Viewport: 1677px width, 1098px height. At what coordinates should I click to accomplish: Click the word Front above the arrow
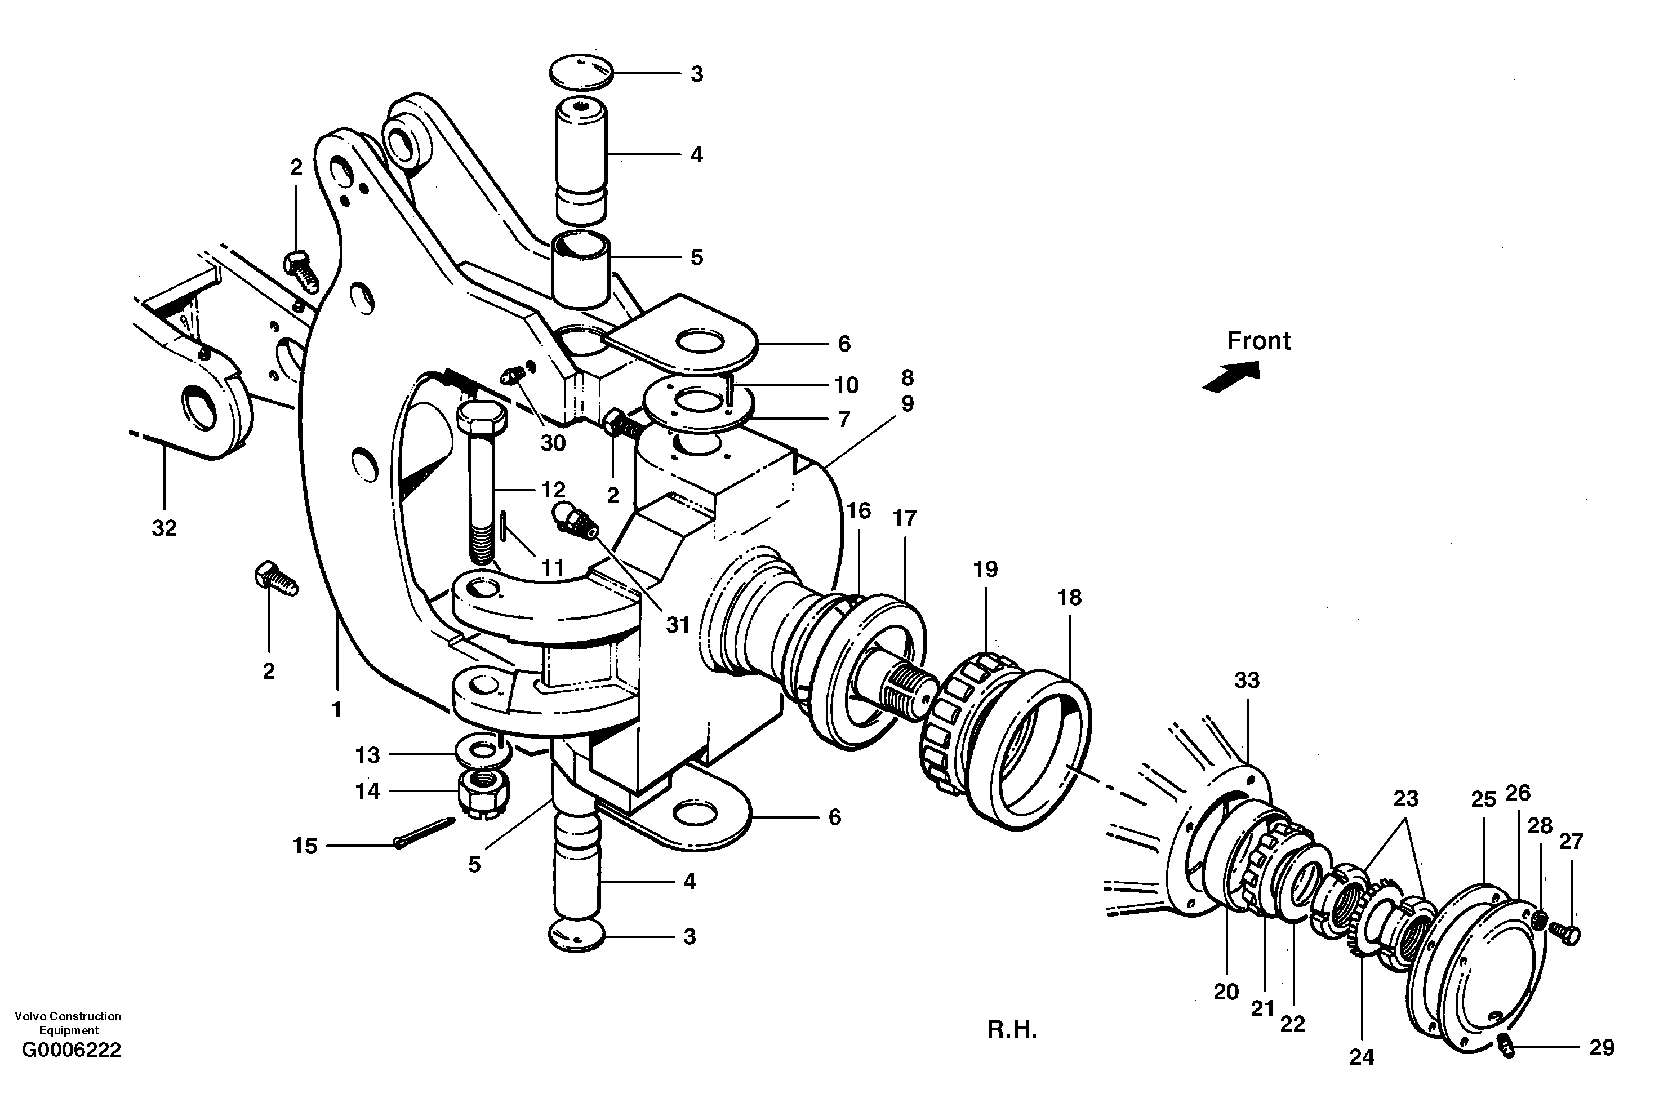1258,341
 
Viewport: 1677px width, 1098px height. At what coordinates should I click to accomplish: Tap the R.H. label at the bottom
1011,1030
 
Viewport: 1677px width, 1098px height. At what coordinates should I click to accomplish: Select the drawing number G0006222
71,1050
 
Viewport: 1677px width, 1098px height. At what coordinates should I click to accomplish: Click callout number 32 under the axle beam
164,528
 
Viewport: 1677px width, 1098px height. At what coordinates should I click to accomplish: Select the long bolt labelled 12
481,486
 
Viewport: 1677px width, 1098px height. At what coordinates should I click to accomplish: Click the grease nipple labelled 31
576,522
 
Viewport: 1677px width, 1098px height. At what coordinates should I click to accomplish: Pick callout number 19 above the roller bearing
985,570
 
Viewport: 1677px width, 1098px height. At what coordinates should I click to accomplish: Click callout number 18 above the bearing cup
1069,598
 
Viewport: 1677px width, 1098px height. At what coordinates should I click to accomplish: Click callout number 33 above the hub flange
1247,681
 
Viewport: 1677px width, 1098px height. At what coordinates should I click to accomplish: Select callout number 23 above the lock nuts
1405,799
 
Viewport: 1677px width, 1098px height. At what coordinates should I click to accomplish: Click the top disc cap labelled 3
582,73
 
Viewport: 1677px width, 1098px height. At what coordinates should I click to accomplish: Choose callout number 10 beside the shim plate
846,385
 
